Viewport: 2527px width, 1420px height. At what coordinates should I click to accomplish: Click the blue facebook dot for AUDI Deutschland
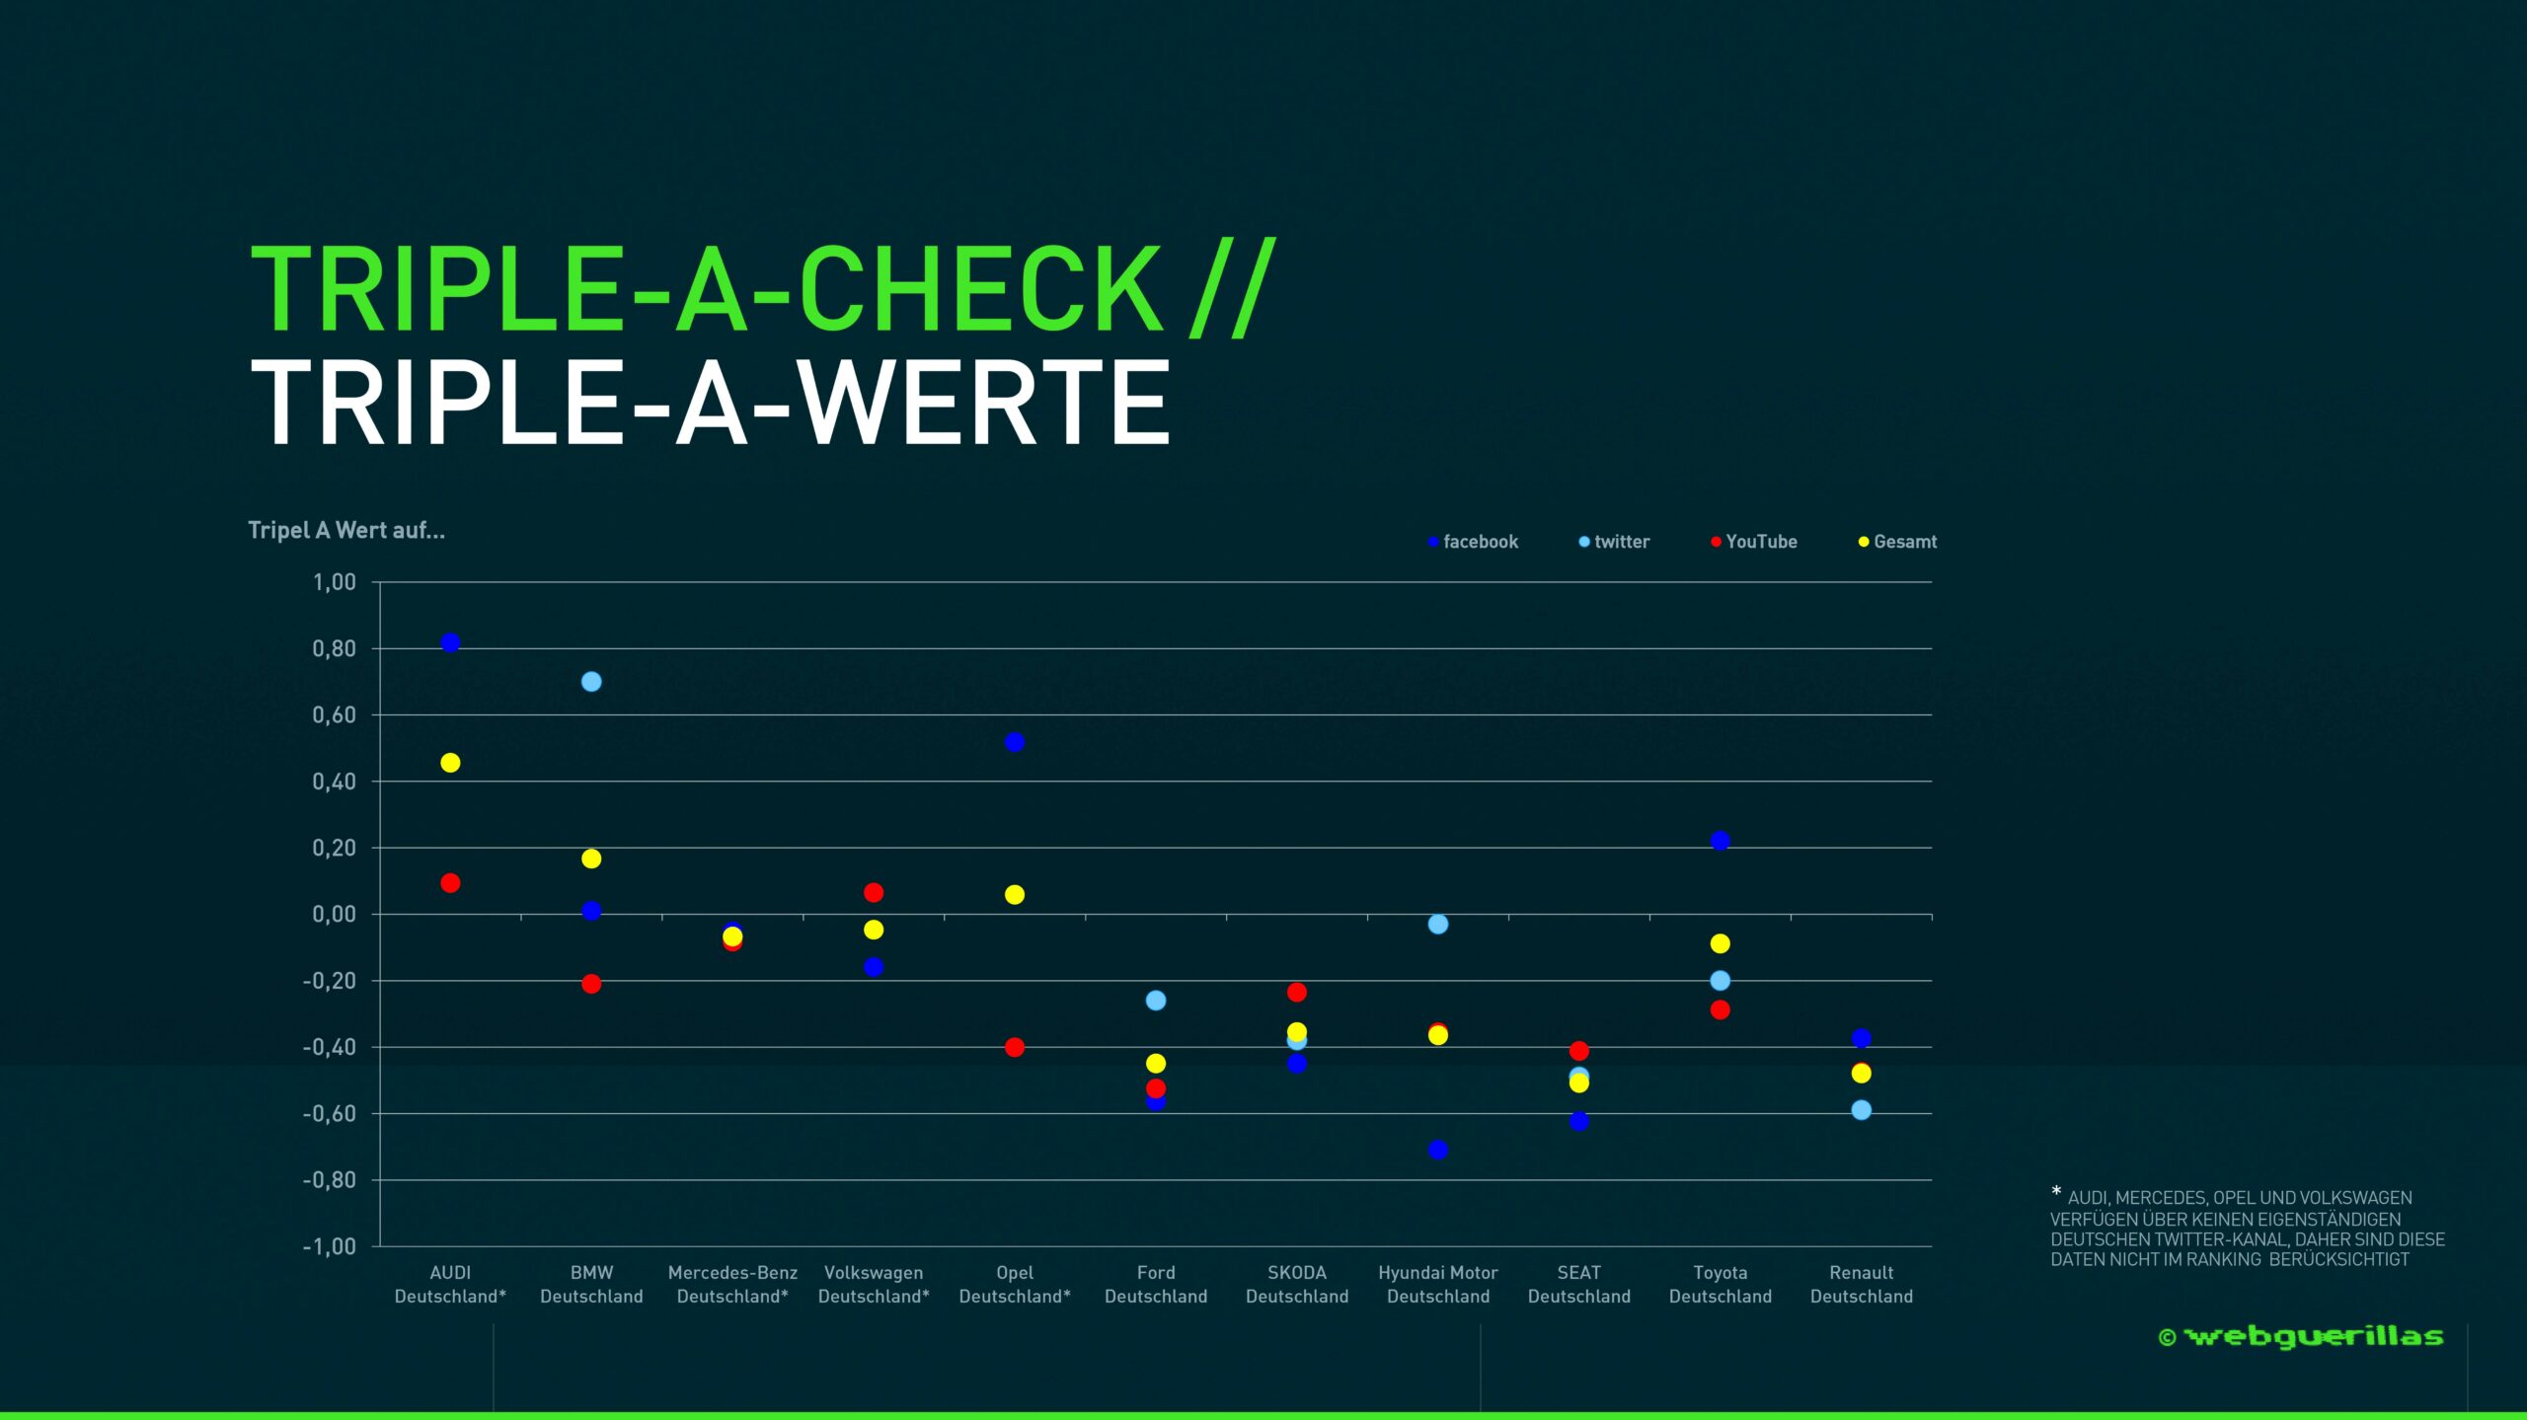point(450,642)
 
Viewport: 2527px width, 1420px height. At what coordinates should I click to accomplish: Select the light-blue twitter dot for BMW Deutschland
point(591,682)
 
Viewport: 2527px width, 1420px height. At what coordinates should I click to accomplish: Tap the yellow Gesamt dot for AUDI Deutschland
point(450,763)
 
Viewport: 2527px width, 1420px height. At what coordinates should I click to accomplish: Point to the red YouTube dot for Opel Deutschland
point(1015,1047)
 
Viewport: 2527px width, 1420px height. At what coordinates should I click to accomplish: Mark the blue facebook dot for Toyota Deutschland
point(1721,841)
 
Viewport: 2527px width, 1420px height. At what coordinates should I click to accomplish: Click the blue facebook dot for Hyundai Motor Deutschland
point(1438,1150)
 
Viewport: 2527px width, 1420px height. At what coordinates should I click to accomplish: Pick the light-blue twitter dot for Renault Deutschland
point(1862,1110)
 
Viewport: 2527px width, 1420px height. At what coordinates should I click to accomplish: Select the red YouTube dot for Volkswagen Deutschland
point(874,892)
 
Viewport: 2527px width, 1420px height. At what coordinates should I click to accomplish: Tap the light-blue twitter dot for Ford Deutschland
point(1156,1001)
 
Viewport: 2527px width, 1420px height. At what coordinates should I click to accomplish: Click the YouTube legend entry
point(1754,542)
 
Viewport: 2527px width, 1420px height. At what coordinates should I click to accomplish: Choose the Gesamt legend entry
point(1897,542)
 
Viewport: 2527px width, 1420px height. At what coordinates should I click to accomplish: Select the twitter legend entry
point(1614,542)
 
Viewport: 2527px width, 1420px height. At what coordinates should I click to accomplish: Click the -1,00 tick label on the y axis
point(330,1246)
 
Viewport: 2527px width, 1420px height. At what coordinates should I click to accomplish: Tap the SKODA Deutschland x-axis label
point(1297,1285)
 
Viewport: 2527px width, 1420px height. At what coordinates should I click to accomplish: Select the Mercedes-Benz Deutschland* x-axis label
point(732,1285)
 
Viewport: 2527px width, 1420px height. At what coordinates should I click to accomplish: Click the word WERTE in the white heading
point(983,403)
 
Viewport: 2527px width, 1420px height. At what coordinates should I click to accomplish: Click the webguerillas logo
point(2301,1337)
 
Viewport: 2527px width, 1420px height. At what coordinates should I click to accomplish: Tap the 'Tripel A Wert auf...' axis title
point(346,530)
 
